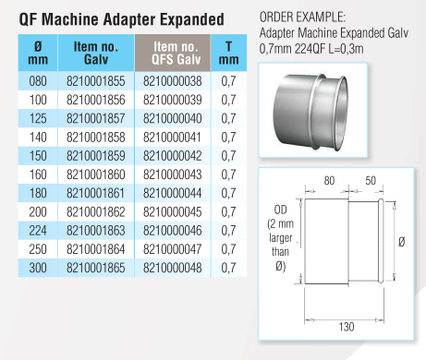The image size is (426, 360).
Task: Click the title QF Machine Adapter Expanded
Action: pos(120,18)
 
